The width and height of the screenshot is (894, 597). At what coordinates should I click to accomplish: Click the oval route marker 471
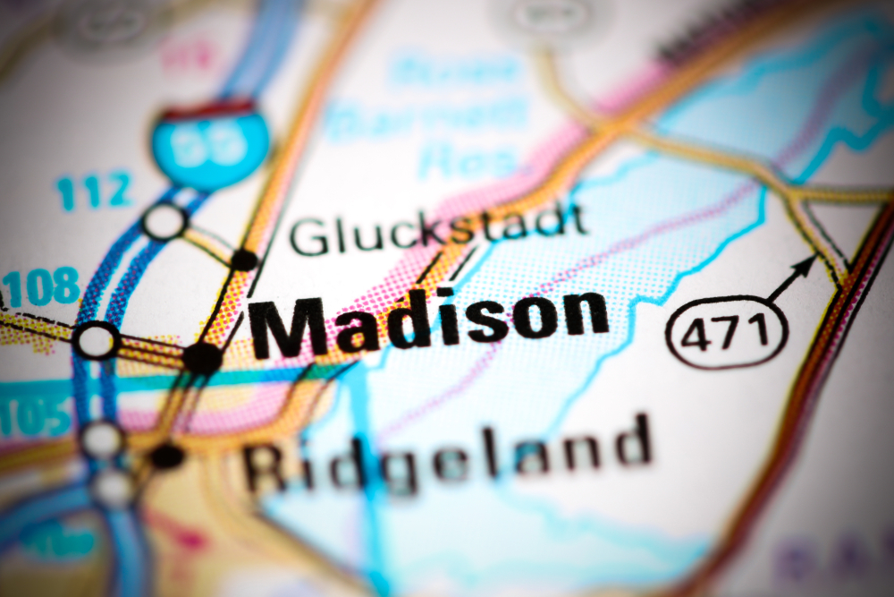click(727, 332)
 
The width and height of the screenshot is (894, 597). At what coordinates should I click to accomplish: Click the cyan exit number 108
click(40, 288)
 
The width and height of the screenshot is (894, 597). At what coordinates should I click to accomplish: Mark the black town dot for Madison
click(203, 358)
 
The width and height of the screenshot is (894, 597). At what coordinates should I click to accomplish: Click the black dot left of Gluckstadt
click(243, 260)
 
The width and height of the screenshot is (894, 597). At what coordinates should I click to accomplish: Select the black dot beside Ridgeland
click(166, 456)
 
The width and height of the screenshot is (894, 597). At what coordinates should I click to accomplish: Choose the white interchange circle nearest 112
click(164, 221)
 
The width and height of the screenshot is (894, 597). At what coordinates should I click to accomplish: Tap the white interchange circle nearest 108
click(96, 340)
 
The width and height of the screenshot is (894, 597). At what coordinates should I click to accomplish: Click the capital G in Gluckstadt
click(308, 237)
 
